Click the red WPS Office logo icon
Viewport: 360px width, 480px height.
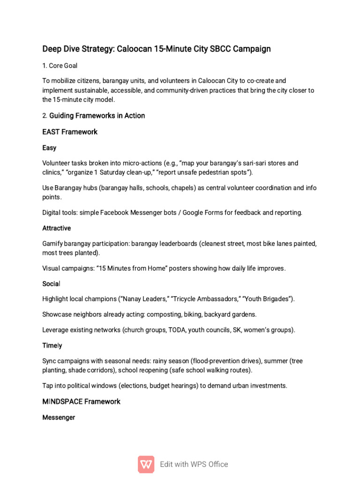click(146, 464)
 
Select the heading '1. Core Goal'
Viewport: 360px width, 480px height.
click(60, 66)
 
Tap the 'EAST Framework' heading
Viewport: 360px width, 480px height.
click(70, 132)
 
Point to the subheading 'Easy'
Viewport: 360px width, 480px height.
click(49, 148)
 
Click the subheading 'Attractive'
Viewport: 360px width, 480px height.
click(57, 228)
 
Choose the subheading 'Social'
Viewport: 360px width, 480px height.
click(52, 284)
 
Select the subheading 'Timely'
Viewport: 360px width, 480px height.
click(52, 345)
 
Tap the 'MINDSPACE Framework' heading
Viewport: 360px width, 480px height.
click(82, 401)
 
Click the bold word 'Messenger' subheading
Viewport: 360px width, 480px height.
click(59, 417)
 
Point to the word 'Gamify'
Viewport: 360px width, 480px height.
click(52, 244)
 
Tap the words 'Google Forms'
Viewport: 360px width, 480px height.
click(202, 213)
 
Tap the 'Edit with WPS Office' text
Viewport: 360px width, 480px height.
click(194, 464)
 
